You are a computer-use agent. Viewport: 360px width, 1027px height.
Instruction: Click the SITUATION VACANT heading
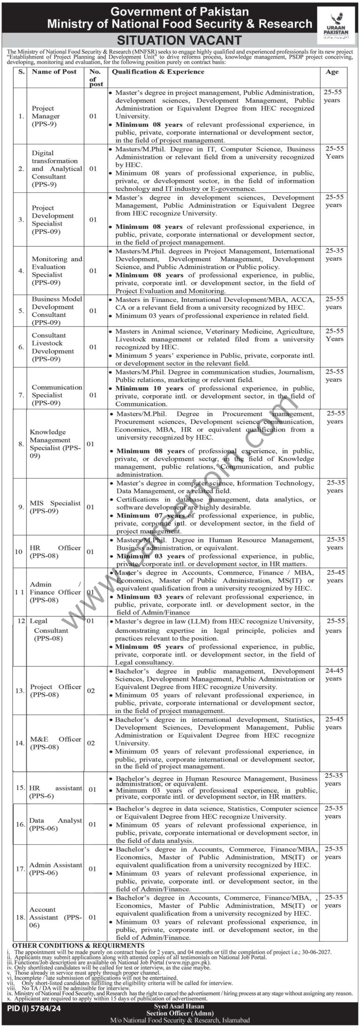tap(179, 40)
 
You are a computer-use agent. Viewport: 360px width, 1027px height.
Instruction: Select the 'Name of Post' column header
tap(54, 72)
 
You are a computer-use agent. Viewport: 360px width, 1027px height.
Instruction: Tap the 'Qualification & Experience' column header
tap(157, 72)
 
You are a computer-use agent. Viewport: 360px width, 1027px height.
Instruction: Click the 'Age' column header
tap(332, 72)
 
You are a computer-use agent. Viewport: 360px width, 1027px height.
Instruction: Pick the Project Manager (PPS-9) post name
tap(46, 116)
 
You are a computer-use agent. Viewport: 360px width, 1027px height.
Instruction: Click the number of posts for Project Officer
tap(91, 690)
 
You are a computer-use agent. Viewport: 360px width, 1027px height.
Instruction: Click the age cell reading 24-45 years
tap(333, 675)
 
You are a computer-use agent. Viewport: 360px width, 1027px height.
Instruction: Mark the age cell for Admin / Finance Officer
tap(335, 576)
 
